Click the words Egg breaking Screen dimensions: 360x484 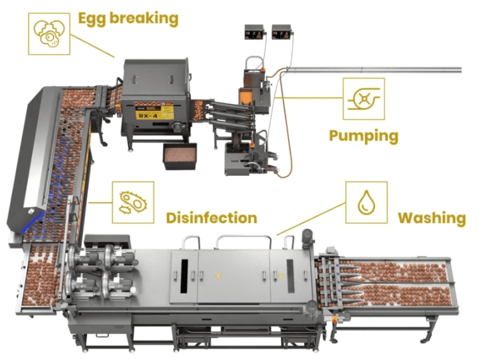[x=128, y=18]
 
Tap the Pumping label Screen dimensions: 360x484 [x=364, y=136]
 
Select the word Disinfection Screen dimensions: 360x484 [x=211, y=218]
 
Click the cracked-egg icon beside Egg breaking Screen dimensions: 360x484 [x=49, y=33]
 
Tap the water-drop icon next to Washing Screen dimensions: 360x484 [x=366, y=202]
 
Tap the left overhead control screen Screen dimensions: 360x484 [x=255, y=31]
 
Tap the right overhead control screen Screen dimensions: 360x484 [x=281, y=31]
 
